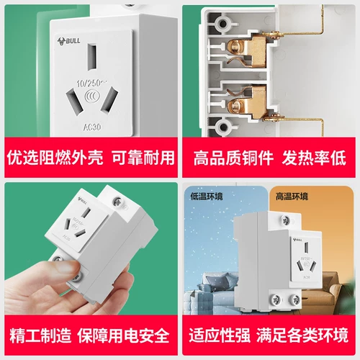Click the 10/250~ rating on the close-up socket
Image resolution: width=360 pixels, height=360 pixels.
click(x=85, y=84)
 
